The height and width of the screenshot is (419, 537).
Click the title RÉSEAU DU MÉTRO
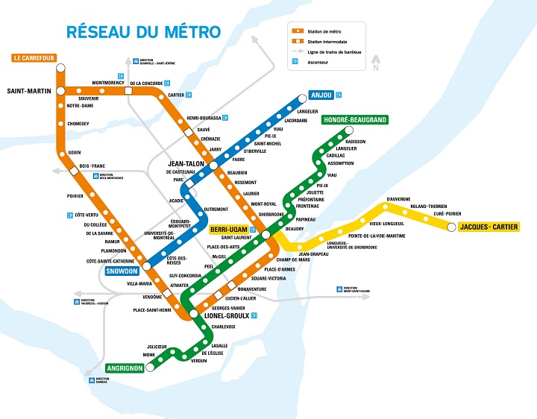click(x=143, y=32)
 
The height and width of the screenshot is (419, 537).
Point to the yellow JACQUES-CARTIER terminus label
click(x=489, y=227)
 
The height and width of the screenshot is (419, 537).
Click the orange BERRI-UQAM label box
click(x=229, y=229)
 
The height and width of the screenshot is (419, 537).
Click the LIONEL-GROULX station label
click(x=227, y=315)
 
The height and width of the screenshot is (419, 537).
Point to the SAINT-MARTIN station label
click(x=28, y=92)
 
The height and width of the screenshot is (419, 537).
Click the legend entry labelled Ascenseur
click(x=318, y=62)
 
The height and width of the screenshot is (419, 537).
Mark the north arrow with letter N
click(x=377, y=64)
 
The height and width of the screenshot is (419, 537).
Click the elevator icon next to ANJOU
click(x=339, y=95)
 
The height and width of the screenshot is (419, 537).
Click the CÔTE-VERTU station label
click(x=87, y=215)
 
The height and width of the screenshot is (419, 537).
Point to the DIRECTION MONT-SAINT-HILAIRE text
click(x=359, y=289)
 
